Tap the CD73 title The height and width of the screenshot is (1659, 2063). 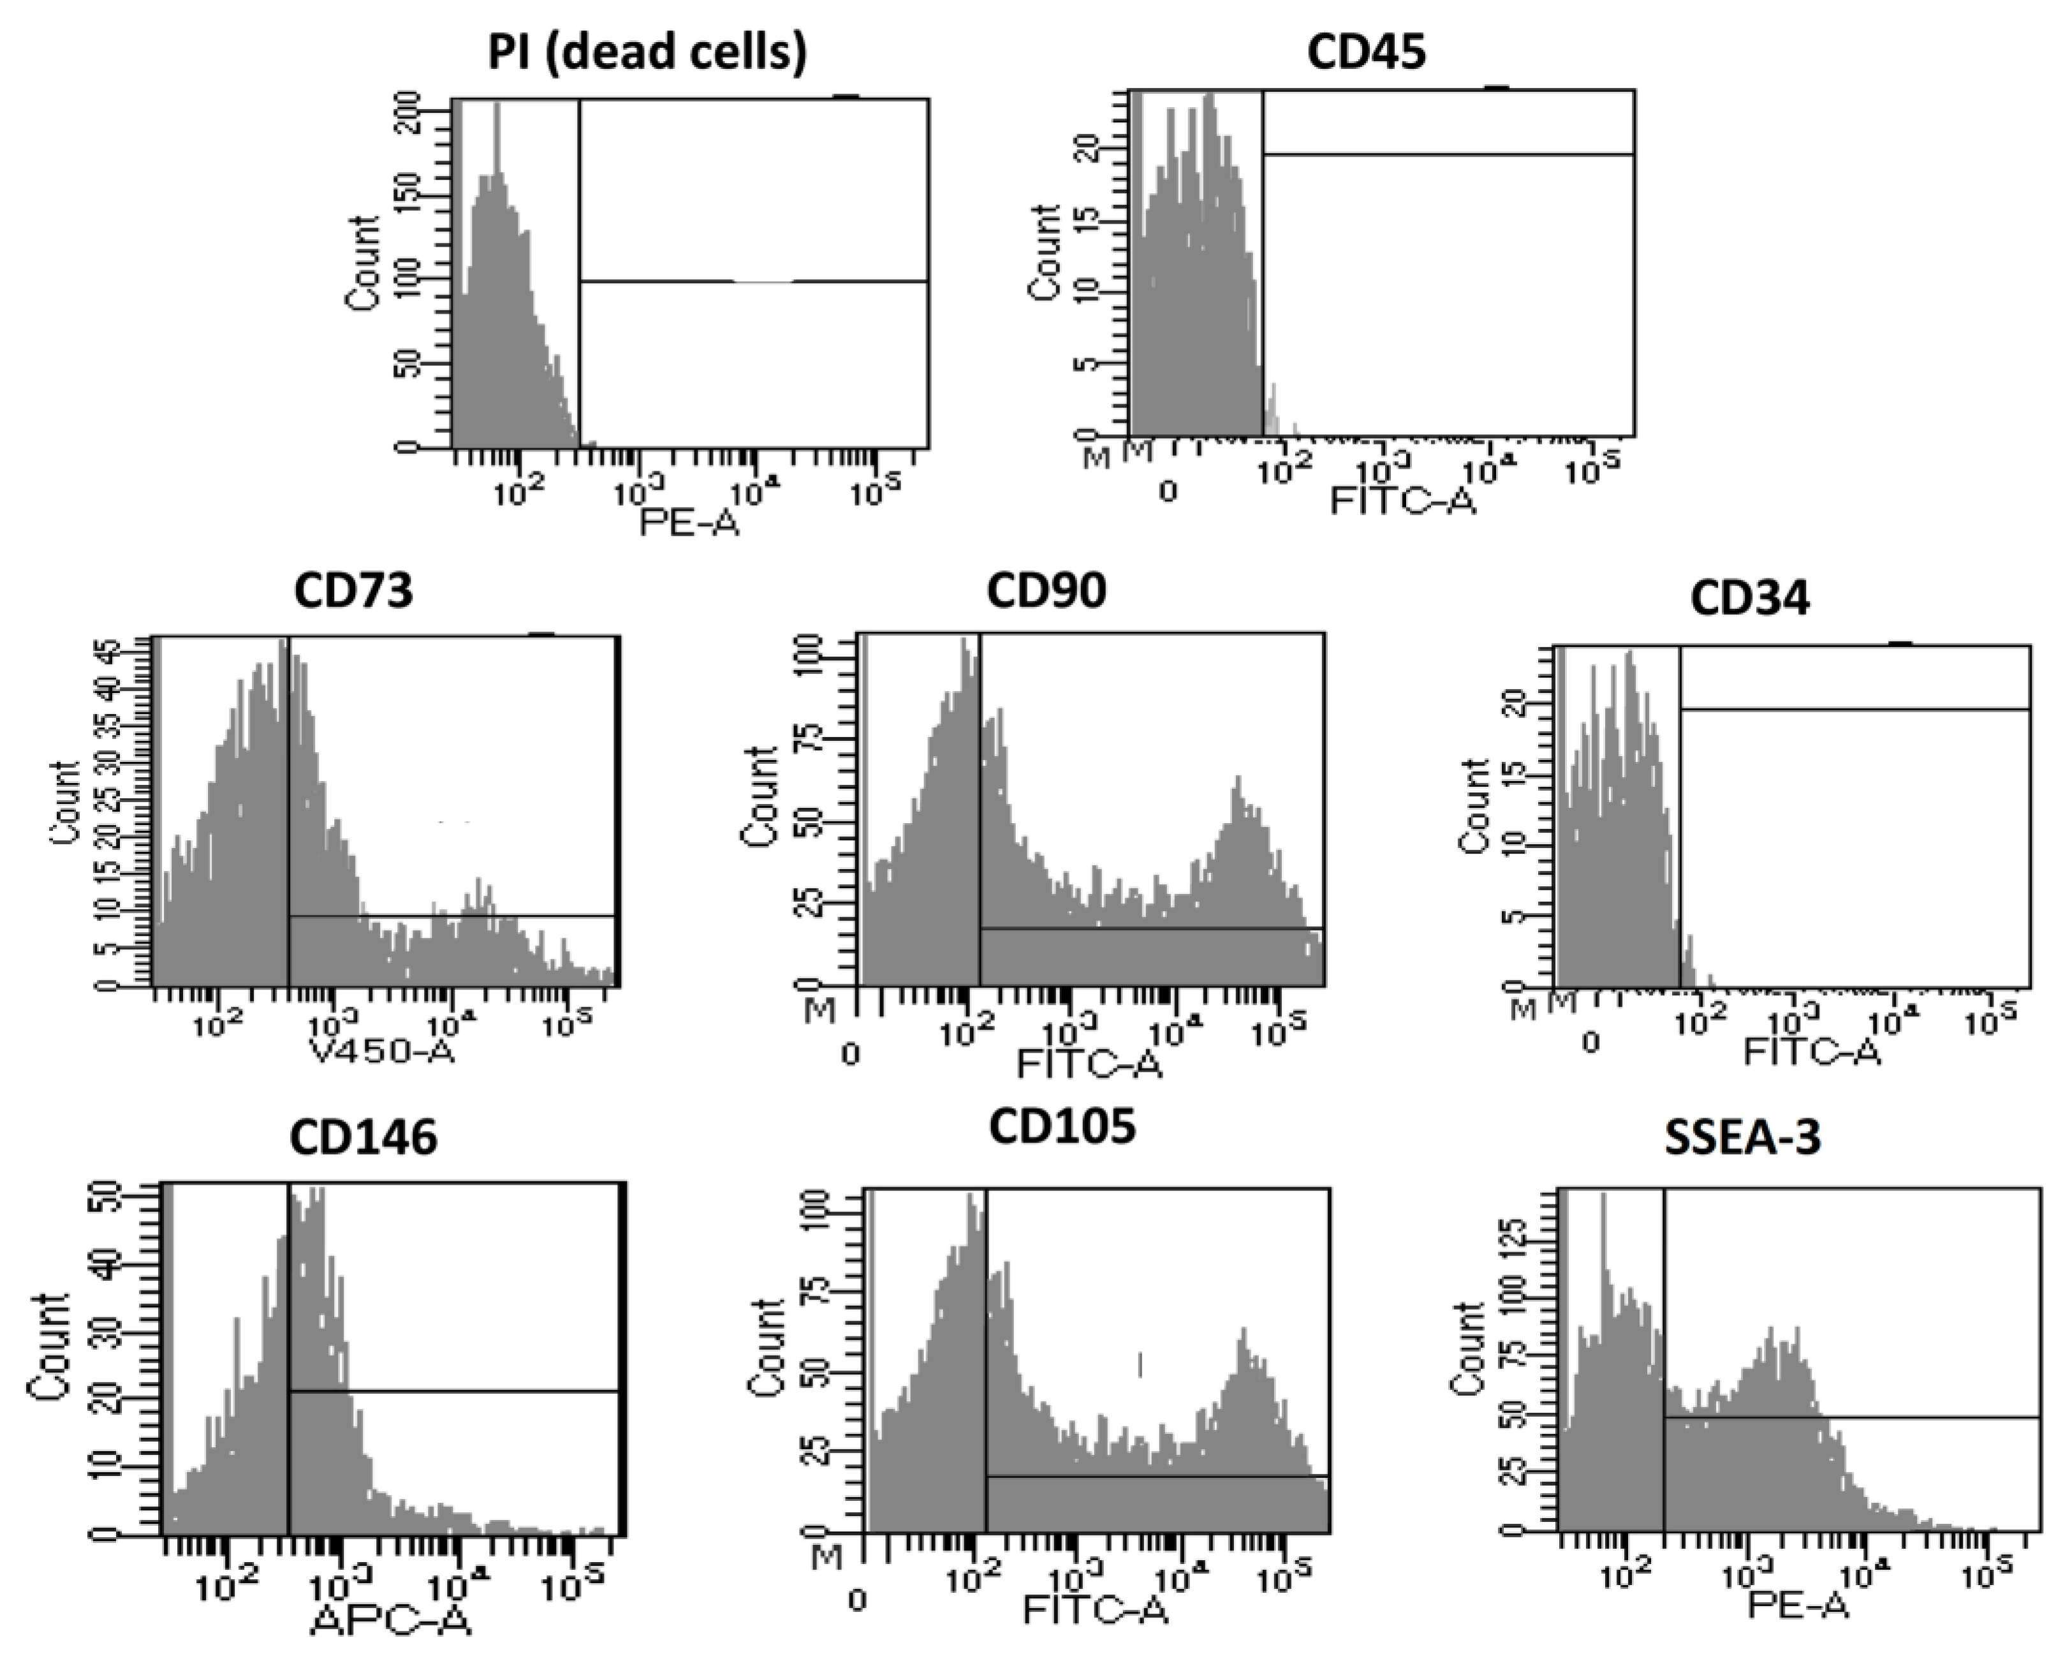(353, 590)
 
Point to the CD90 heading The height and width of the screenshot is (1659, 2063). (1046, 590)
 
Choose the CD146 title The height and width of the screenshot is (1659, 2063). (363, 1137)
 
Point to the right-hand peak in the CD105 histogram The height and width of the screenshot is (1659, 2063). (1244, 1331)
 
